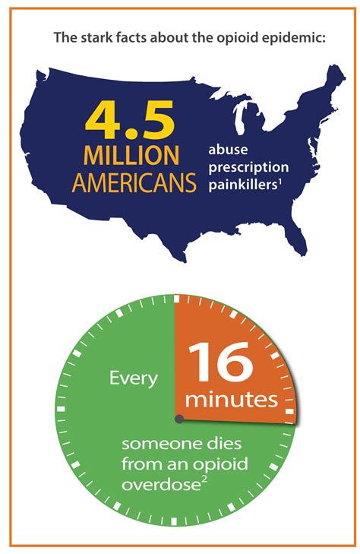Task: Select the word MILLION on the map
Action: pyautogui.click(x=131, y=156)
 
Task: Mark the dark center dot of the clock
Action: pyautogui.click(x=178, y=419)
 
